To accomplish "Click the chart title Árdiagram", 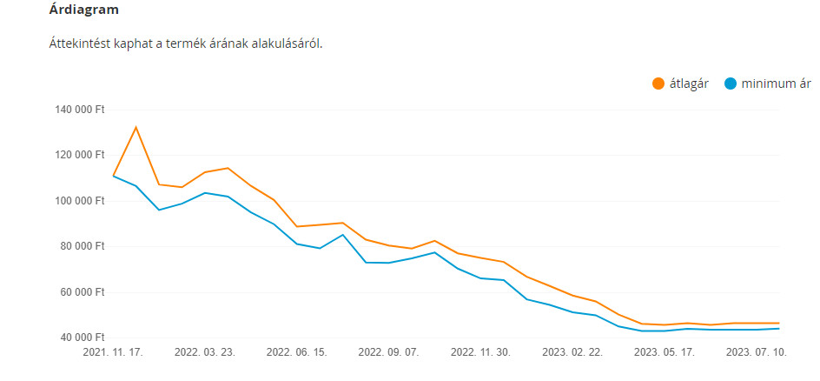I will tap(83, 10).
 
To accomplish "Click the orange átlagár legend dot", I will tap(658, 84).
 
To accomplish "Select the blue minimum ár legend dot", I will tap(731, 84).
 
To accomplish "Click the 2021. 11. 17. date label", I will tap(113, 353).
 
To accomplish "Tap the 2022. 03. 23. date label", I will tap(204, 353).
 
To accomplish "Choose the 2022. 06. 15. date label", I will tap(296, 353).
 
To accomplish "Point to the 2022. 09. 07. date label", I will tap(388, 353).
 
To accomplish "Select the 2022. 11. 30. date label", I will tap(480, 353).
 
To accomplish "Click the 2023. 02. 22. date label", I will tap(572, 353).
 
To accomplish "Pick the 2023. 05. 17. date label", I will tap(665, 353).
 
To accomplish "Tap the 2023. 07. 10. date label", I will tap(756, 353).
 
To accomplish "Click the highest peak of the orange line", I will tap(136, 127).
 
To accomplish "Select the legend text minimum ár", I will tap(776, 84).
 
